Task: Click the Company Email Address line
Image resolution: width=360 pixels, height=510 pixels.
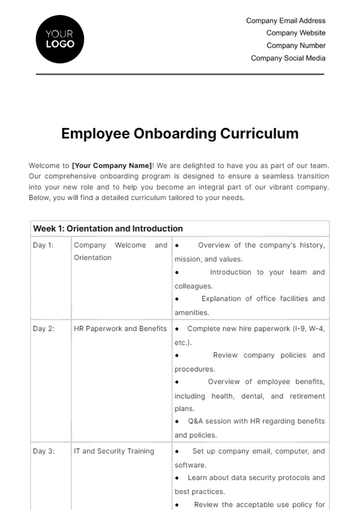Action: coord(285,20)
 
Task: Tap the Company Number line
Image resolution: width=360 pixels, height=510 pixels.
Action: coord(294,45)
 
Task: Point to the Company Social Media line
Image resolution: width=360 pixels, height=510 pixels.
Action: coord(288,58)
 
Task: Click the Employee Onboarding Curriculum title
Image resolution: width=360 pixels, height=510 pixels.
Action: coord(179,132)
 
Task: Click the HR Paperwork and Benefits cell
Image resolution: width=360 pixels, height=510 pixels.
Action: coord(120,328)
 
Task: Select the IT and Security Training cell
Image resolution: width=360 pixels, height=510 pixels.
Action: coord(114,451)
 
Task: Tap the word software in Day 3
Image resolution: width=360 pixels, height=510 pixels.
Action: coord(190,465)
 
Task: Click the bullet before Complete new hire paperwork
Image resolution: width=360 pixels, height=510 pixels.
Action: coord(177,328)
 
